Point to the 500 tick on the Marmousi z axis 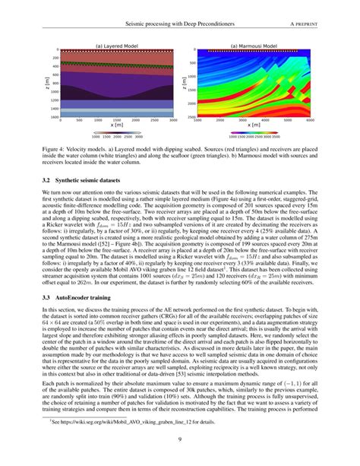(194, 64)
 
